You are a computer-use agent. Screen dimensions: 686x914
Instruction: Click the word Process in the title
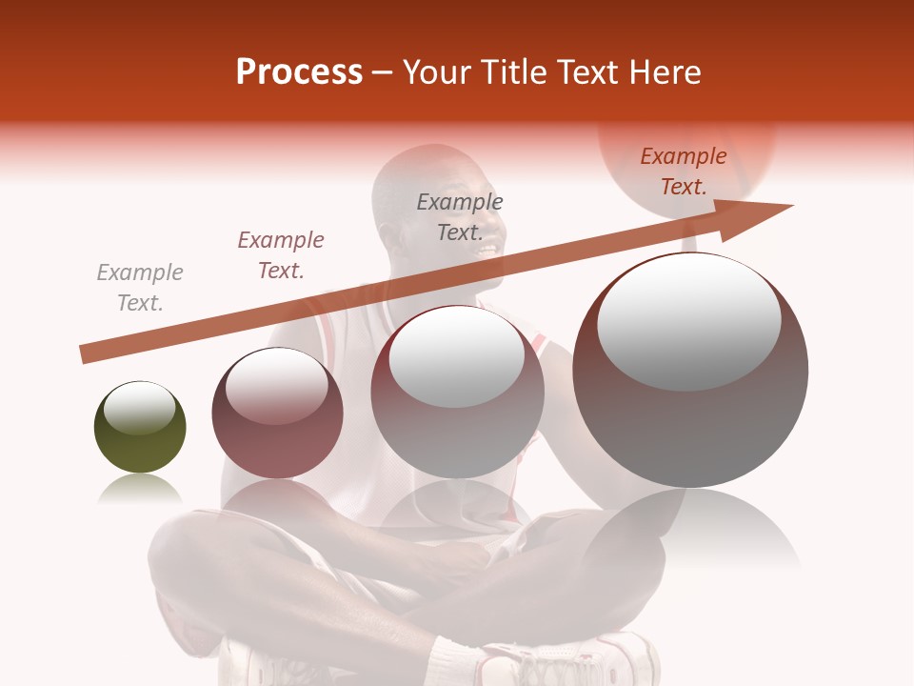coord(299,72)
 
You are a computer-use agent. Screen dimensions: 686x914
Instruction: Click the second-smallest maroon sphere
coord(277,413)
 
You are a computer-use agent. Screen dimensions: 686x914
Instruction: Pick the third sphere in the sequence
coord(457,392)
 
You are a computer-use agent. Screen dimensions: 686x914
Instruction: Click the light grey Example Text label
coord(140,288)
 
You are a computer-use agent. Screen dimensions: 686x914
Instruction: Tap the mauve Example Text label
coord(281,255)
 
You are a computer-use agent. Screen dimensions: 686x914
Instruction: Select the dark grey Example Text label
coord(460,217)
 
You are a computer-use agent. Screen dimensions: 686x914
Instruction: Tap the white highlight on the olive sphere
coord(139,408)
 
